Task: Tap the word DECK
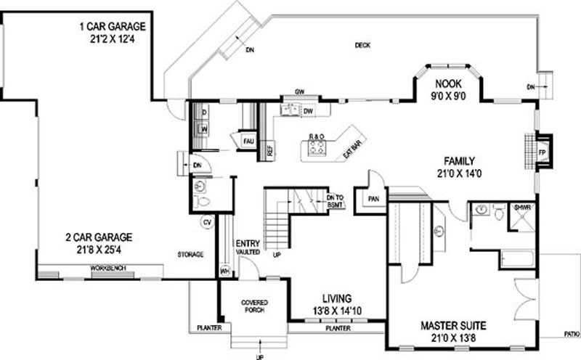click(362, 45)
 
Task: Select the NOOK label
click(443, 83)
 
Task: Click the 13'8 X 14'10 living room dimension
click(338, 311)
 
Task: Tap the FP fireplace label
click(542, 153)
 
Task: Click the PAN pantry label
click(374, 197)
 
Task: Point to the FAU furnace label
click(248, 140)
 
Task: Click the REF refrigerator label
click(269, 152)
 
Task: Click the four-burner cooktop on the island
click(317, 148)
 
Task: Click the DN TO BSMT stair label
click(335, 201)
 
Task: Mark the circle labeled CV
click(206, 222)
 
